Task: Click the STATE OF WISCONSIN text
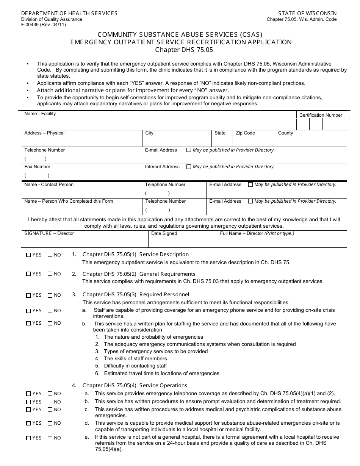point(307,13)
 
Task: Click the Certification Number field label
point(321,115)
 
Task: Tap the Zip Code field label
point(245,133)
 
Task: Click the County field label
point(285,133)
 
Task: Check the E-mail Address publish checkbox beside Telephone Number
point(189,150)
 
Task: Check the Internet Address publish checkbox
point(189,167)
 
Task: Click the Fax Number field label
point(37,167)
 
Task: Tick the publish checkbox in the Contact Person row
point(250,185)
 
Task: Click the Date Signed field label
point(164,233)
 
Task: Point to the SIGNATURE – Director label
point(49,233)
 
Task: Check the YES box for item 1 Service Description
point(28,255)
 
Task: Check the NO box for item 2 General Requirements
point(50,274)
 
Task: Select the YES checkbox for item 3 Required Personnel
point(28,295)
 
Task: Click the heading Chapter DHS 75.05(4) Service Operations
point(135,385)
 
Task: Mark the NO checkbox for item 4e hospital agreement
point(50,438)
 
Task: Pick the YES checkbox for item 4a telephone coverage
point(28,394)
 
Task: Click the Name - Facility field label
point(40,114)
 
